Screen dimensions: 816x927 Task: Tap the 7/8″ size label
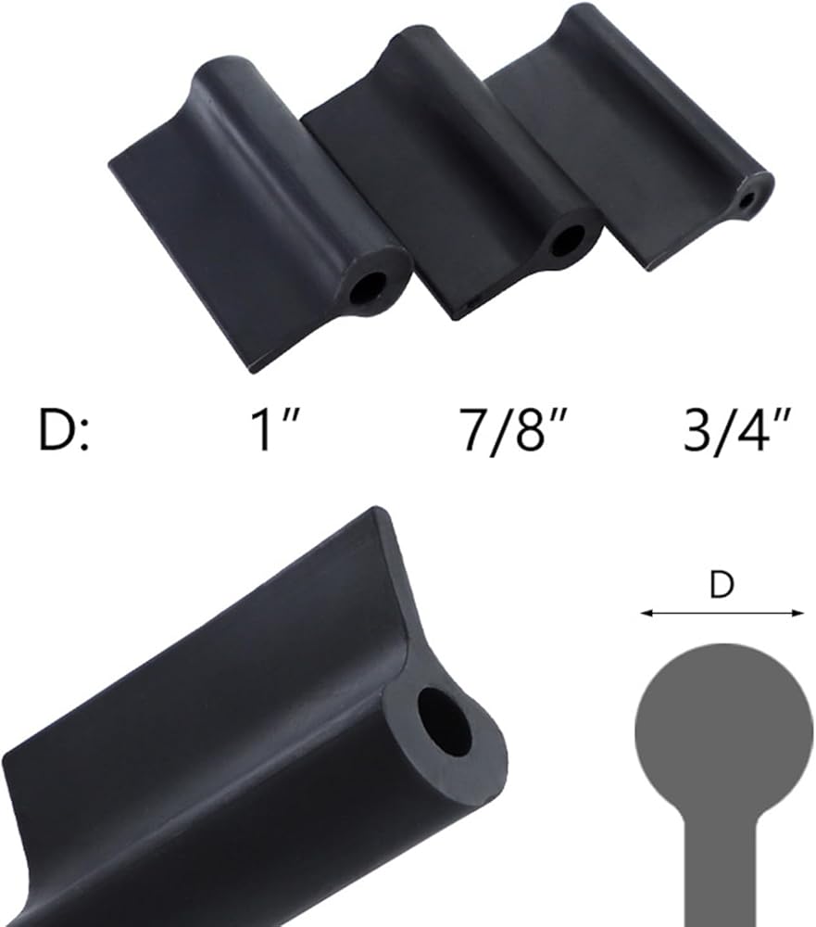(515, 431)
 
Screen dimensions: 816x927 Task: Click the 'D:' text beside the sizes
(63, 430)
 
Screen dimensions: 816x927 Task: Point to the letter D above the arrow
(722, 585)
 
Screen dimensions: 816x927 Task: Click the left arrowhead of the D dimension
(646, 614)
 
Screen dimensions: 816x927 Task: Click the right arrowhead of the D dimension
(798, 614)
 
